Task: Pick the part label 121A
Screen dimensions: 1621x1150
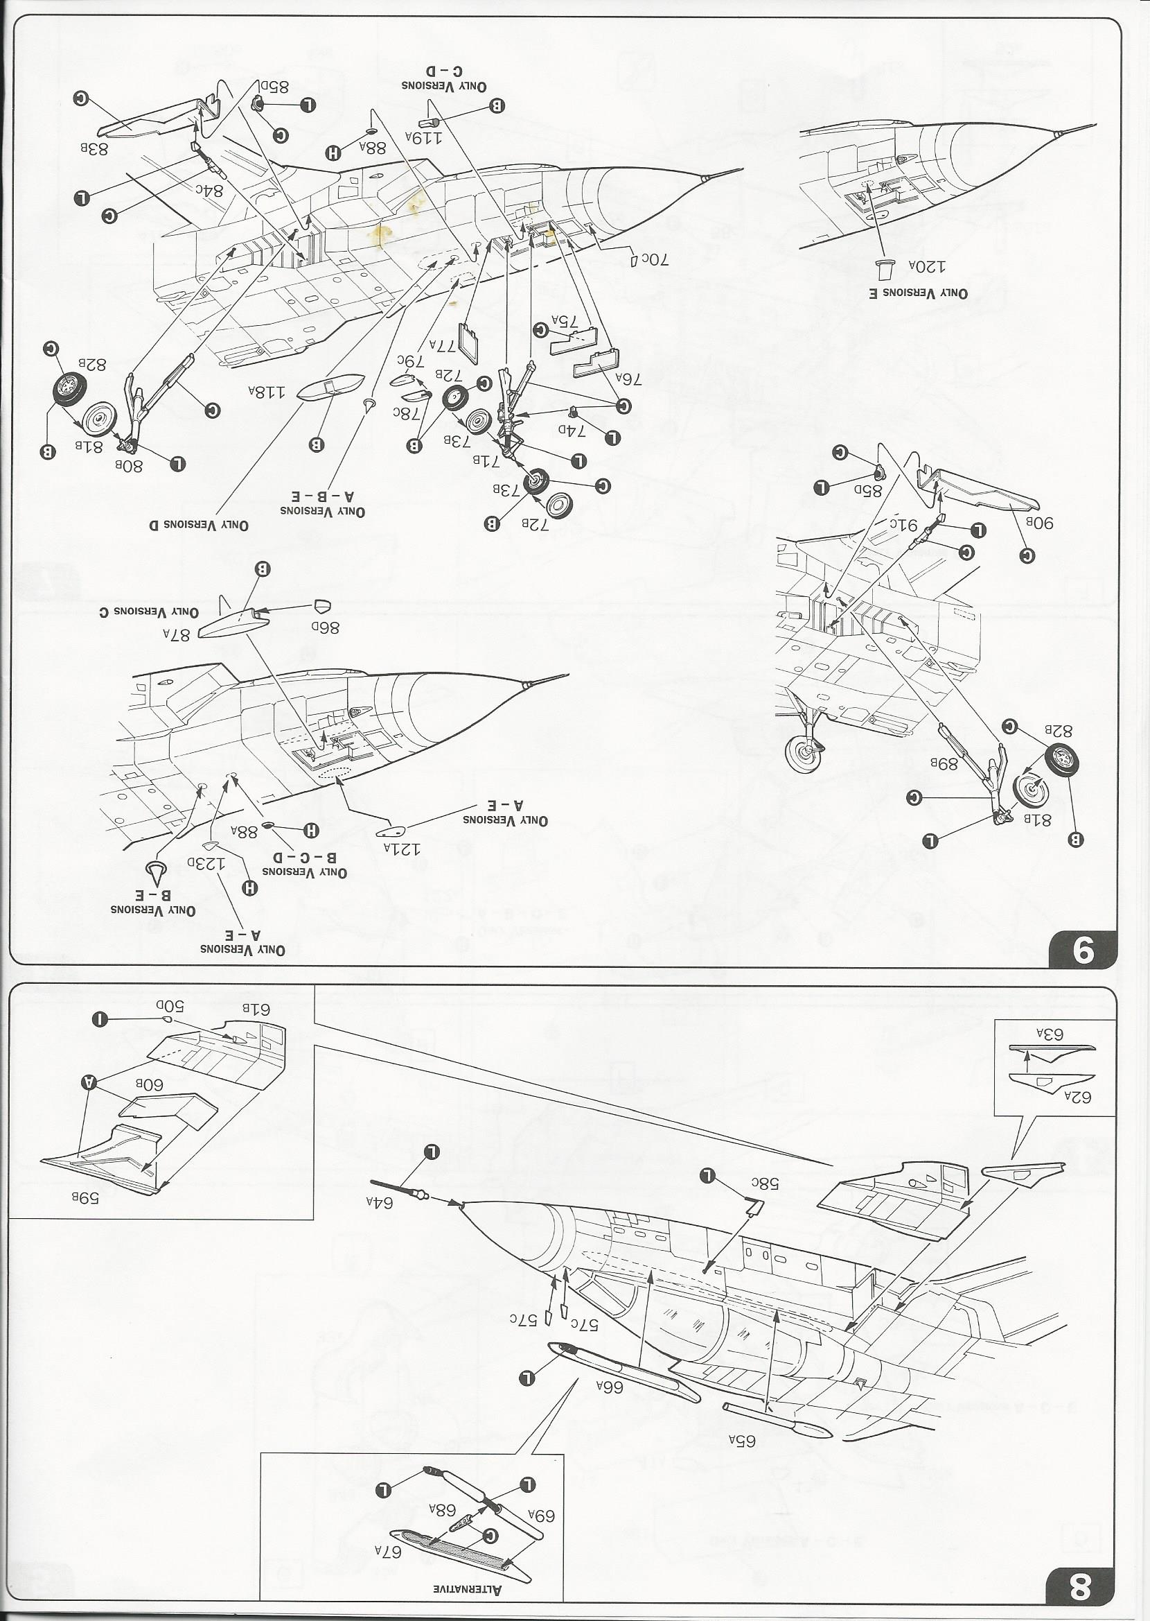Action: pyautogui.click(x=402, y=847)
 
